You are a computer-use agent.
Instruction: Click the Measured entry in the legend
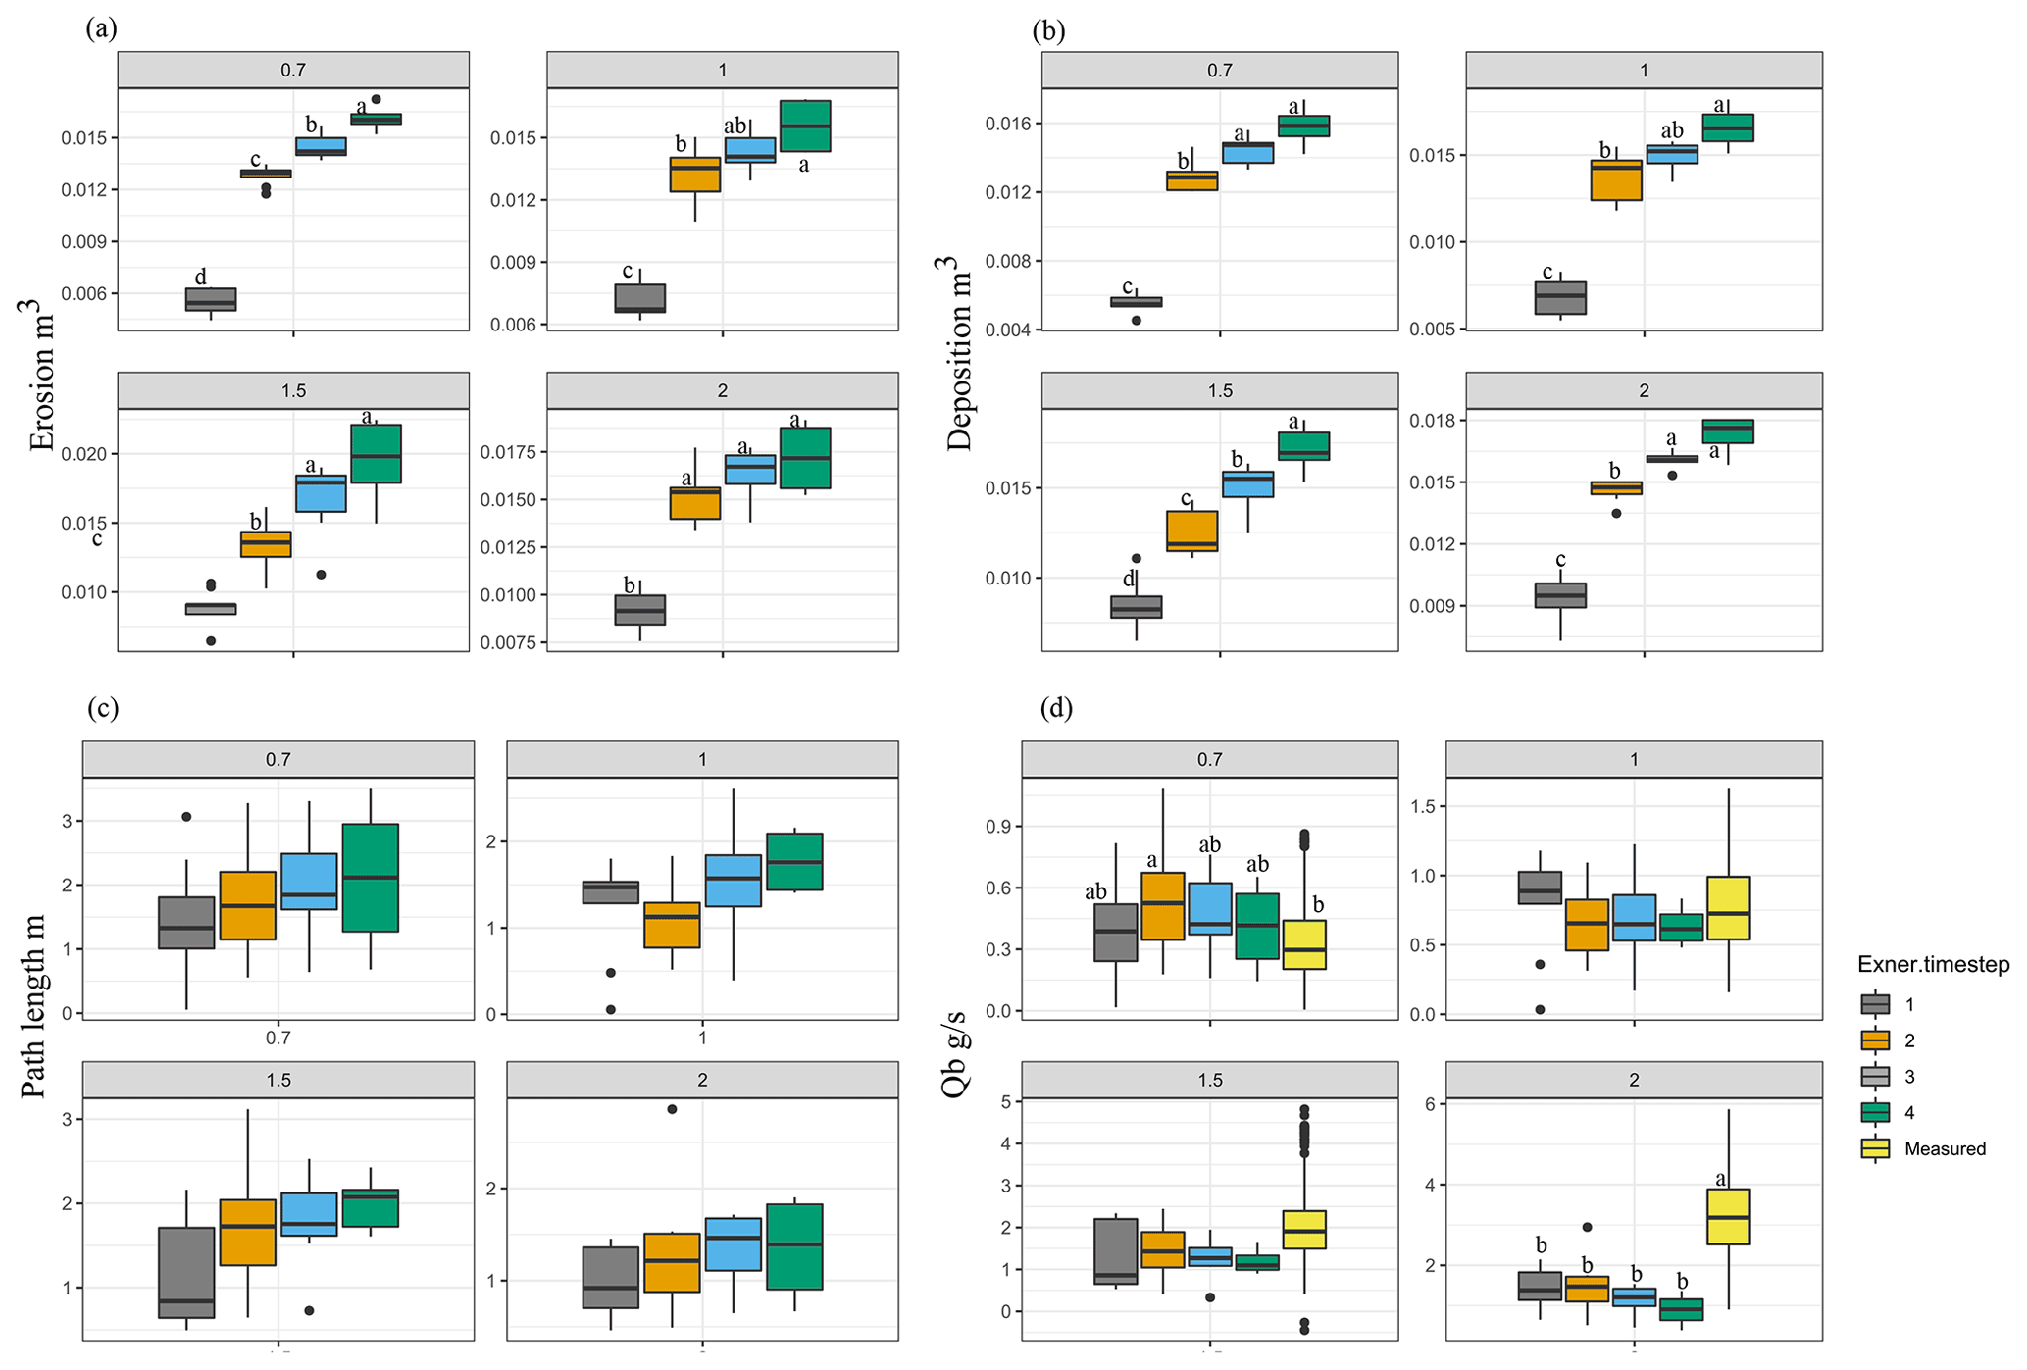(1944, 1148)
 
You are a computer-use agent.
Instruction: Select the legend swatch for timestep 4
(1875, 1112)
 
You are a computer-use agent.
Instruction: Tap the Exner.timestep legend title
(1933, 965)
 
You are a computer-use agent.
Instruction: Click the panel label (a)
(101, 28)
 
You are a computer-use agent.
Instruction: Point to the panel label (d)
(1056, 708)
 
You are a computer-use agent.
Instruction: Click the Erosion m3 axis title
(41, 375)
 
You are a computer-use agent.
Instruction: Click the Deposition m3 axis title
(958, 353)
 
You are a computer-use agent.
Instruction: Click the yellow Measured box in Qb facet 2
(1728, 1217)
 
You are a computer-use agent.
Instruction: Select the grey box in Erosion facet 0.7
(211, 299)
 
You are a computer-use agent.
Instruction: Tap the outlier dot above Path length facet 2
(672, 1109)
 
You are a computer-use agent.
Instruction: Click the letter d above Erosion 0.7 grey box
(201, 277)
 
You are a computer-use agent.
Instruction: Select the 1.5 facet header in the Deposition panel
(1219, 390)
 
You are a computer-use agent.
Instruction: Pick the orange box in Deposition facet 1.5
(1191, 531)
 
